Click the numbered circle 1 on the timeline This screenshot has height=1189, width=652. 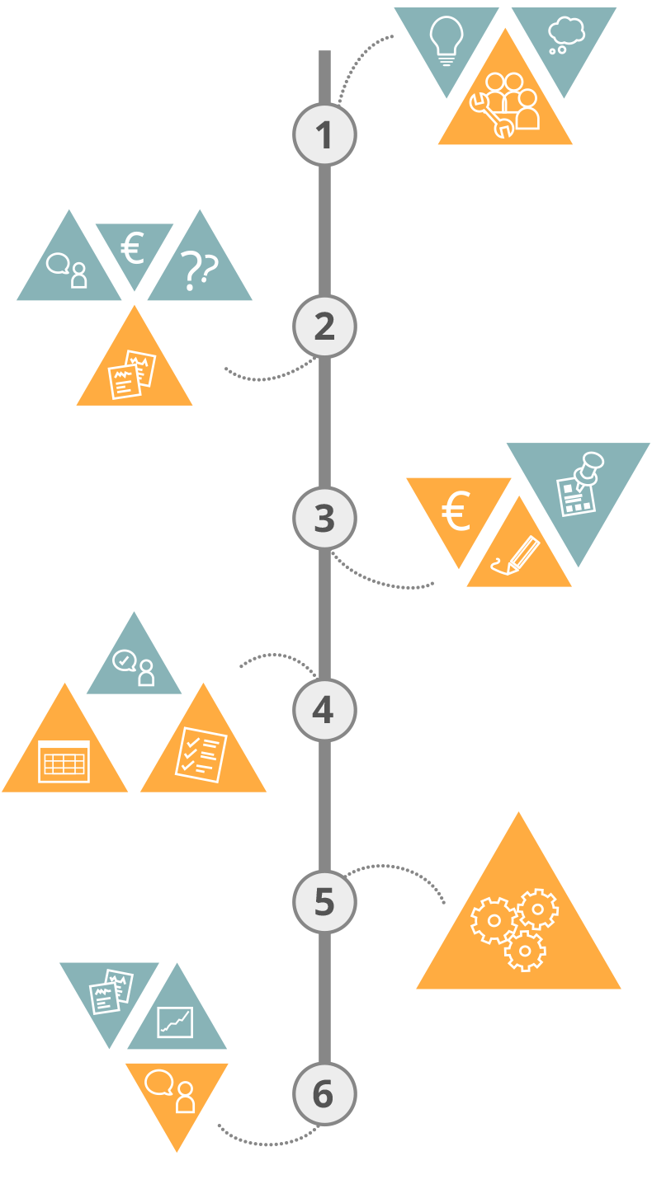(324, 134)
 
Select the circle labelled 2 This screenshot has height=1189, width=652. (324, 327)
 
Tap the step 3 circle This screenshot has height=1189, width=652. (324, 518)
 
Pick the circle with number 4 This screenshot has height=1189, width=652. (324, 710)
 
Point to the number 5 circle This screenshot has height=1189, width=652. (324, 901)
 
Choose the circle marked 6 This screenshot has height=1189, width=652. (324, 1093)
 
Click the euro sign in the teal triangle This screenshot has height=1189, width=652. (133, 248)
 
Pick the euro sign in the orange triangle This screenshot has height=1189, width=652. (456, 512)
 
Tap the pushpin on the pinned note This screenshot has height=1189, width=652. (590, 467)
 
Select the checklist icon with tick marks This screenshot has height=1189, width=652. (201, 754)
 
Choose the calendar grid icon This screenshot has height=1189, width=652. (64, 761)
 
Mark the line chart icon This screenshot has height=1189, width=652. (175, 1022)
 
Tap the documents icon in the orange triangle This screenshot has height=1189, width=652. (133, 374)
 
